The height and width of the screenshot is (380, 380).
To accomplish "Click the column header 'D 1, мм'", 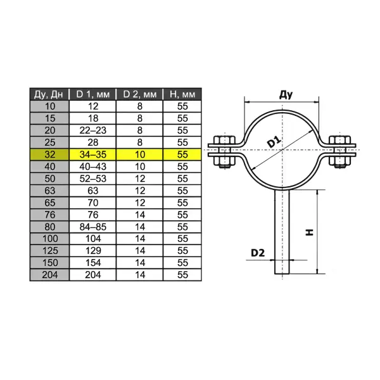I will (92, 94).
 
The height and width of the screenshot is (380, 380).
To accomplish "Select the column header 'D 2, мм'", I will (139, 94).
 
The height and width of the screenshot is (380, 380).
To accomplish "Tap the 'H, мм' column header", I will (182, 94).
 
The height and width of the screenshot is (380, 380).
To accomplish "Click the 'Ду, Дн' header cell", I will (49, 94).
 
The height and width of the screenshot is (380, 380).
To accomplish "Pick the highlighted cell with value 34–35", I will (92, 154).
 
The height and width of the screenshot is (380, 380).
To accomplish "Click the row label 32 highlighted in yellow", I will (49, 154).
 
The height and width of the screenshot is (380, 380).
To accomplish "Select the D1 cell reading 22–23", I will (92, 130).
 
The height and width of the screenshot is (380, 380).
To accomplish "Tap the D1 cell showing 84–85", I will (92, 227).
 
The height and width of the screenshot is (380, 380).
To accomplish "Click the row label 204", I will (49, 275).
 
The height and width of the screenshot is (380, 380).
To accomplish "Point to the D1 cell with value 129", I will (92, 251).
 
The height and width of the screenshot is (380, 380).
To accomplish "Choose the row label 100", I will (49, 239).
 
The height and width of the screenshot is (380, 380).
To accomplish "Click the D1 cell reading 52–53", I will (92, 179).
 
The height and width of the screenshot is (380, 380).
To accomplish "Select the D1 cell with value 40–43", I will (92, 166).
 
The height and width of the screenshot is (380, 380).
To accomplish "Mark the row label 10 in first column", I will (49, 106).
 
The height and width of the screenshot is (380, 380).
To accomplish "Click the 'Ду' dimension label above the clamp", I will (285, 95).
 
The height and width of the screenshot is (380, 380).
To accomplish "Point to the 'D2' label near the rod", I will (257, 252).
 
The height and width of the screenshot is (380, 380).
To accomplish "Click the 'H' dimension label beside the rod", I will (309, 232).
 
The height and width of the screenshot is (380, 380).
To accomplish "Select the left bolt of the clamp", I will (222, 153).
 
